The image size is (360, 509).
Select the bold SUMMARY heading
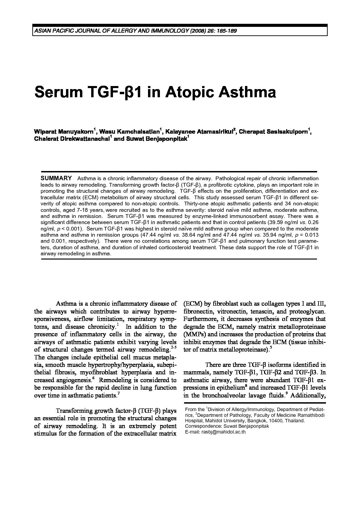click(x=56, y=178)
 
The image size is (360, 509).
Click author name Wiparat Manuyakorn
click(x=65, y=131)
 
